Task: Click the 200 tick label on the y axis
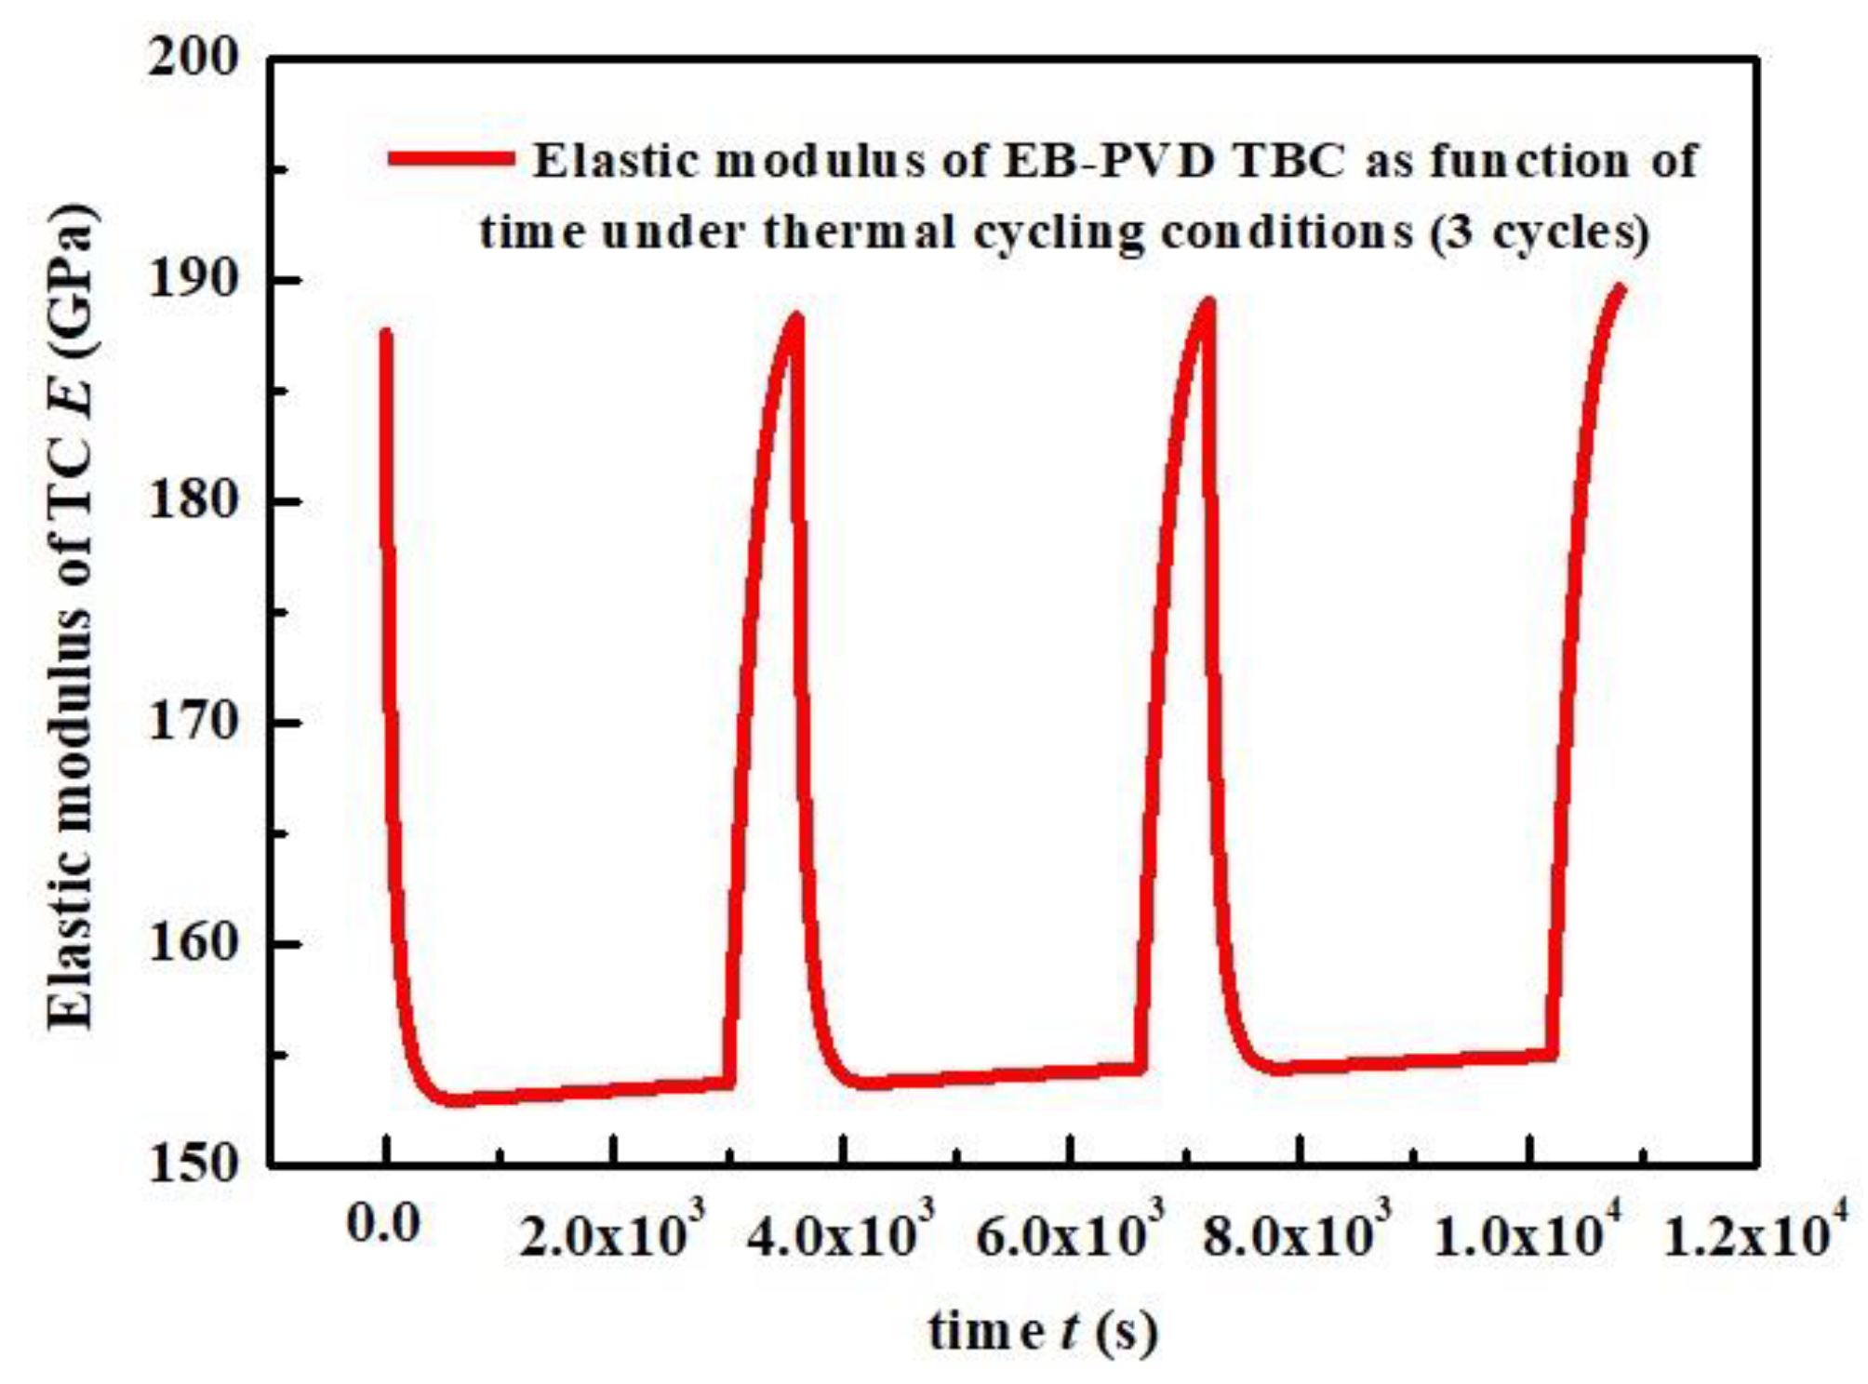pyautogui.click(x=193, y=58)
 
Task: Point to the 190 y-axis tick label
pyautogui.click(x=193, y=279)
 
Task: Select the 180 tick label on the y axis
pyautogui.click(x=193, y=500)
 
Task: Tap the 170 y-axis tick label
pyautogui.click(x=193, y=722)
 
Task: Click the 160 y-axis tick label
pyautogui.click(x=193, y=943)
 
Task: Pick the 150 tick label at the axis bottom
pyautogui.click(x=193, y=1163)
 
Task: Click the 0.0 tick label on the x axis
pyautogui.click(x=383, y=1224)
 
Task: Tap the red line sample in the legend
pyautogui.click(x=450, y=159)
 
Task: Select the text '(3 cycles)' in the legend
pyautogui.click(x=1539, y=233)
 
